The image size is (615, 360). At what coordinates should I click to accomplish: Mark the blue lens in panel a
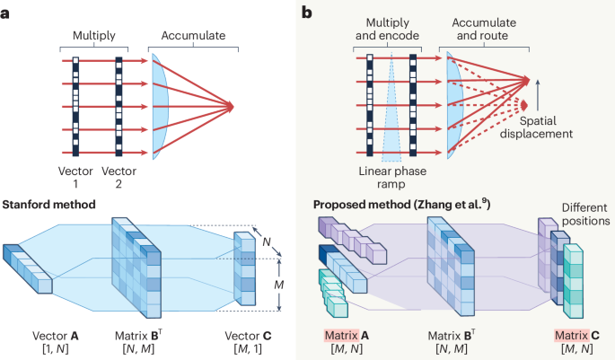click(160, 107)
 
